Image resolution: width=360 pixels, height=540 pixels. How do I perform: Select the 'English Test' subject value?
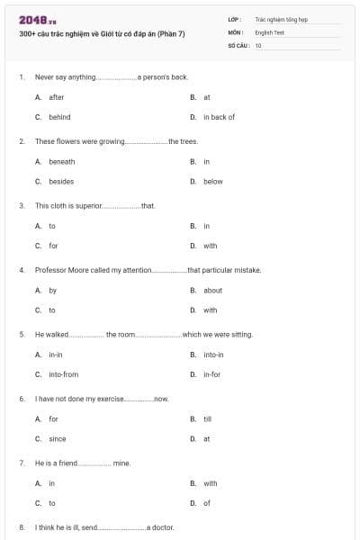[x=267, y=31]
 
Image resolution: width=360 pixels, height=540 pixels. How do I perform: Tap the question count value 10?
[x=258, y=45]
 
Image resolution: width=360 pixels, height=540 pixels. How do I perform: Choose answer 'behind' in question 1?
[x=59, y=117]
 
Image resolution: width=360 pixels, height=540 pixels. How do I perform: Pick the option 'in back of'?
[x=219, y=117]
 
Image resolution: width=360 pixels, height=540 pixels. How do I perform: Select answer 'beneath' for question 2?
[x=62, y=161]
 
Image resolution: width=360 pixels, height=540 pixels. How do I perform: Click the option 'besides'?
[x=61, y=181]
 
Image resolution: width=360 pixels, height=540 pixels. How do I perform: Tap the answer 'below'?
[x=213, y=181]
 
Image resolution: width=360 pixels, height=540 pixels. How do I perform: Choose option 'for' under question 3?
[x=53, y=246]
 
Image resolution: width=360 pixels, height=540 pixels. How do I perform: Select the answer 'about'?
[x=212, y=290]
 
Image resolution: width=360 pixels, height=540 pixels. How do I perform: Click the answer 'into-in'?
[x=213, y=355]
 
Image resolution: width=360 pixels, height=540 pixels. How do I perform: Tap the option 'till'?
[x=207, y=418]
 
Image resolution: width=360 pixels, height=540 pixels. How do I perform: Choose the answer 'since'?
[x=57, y=438]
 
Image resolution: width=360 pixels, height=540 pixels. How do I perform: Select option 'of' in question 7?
[x=207, y=503]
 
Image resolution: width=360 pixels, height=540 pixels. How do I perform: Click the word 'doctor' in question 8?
[x=161, y=526]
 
